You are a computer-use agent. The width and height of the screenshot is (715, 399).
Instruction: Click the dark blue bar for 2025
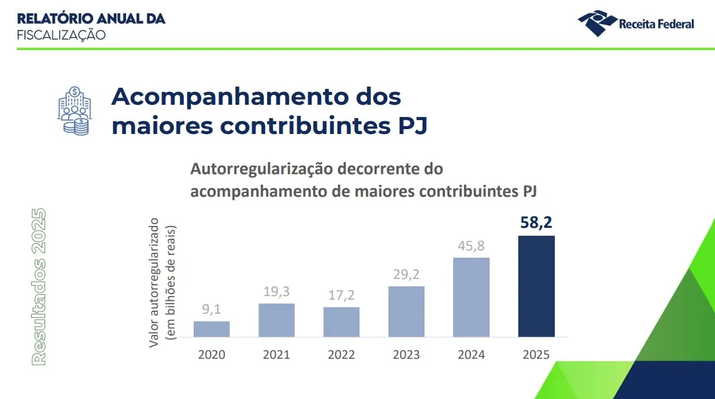click(536, 286)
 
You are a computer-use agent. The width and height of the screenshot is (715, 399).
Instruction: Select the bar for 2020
click(211, 329)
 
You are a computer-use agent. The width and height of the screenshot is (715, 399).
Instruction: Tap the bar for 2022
click(341, 322)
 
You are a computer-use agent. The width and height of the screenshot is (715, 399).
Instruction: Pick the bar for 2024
click(471, 297)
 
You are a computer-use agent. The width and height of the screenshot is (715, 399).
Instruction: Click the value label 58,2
click(536, 222)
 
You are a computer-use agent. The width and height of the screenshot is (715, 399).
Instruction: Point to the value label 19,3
click(276, 292)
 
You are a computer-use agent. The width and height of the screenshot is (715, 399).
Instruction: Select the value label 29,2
click(406, 274)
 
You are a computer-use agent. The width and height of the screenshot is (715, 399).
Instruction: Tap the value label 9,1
click(211, 309)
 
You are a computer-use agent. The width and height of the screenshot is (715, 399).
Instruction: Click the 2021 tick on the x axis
click(276, 355)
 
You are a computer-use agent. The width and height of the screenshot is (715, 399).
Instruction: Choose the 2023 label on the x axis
click(406, 355)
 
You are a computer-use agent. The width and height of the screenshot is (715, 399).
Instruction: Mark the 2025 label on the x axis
click(536, 355)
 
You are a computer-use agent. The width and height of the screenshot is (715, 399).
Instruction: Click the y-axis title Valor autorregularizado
click(155, 281)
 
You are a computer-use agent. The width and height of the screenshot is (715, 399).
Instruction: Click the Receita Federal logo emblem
click(596, 23)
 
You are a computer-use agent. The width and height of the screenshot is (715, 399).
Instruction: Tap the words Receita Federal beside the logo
click(656, 24)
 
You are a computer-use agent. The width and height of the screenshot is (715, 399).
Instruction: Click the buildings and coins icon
click(74, 110)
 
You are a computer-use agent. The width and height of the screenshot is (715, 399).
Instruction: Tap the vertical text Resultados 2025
click(39, 286)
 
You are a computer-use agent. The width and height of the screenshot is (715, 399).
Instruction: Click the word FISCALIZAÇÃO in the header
click(61, 35)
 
